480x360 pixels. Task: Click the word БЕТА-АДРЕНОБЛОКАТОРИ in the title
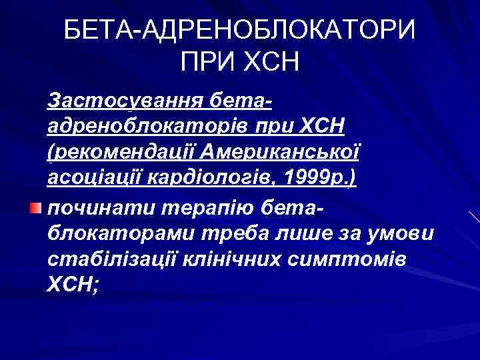239,30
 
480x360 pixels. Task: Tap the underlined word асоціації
95,179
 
